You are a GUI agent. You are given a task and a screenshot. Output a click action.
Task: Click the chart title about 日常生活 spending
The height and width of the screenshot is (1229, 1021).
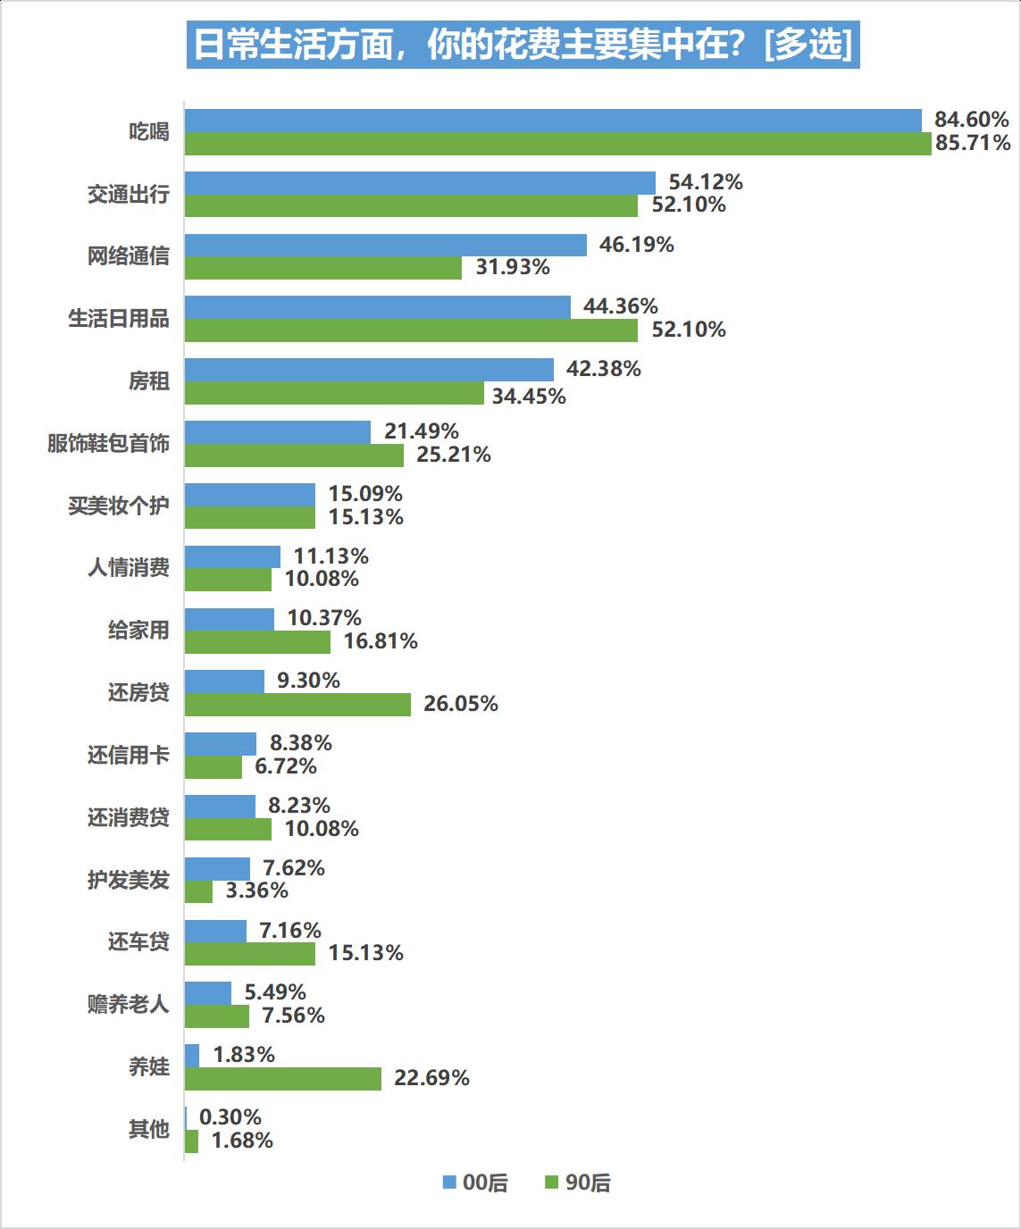(x=523, y=44)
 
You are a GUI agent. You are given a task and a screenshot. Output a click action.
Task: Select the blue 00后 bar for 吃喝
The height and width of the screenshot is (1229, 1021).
(x=553, y=121)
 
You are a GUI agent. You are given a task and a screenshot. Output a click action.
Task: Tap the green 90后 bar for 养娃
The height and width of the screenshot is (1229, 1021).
(x=283, y=1079)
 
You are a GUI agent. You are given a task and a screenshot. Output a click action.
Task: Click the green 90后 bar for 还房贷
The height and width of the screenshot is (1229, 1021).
(x=297, y=705)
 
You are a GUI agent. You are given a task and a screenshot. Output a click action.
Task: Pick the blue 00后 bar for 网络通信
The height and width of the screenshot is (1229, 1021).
(x=386, y=245)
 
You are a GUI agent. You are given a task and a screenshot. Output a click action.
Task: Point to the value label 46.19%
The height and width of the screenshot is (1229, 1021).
(x=636, y=245)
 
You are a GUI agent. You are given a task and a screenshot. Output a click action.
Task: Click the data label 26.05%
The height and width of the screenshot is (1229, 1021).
(x=460, y=705)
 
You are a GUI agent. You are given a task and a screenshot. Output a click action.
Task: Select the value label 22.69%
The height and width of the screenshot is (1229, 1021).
(x=431, y=1079)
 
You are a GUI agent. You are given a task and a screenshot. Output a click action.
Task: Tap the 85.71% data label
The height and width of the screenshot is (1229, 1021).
(x=973, y=143)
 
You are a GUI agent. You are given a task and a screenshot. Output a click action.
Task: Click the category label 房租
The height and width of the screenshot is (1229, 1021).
(x=148, y=381)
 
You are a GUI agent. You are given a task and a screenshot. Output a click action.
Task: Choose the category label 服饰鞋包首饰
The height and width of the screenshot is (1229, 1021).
(x=108, y=444)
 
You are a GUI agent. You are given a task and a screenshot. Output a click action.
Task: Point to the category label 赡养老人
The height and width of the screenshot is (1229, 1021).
(x=128, y=1005)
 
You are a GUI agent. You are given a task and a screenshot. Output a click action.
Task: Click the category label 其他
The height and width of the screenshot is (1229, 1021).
(x=148, y=1130)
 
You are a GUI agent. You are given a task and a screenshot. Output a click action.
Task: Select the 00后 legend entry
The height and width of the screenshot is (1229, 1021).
(x=475, y=1183)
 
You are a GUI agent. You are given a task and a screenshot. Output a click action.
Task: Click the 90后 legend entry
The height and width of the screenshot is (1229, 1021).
(x=578, y=1183)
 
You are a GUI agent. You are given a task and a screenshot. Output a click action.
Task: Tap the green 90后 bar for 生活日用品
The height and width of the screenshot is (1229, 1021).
(x=411, y=330)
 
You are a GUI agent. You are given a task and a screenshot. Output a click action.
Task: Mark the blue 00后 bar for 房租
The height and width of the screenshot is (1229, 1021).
(x=369, y=370)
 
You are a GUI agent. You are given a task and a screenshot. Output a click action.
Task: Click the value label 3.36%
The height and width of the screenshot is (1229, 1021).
(x=256, y=891)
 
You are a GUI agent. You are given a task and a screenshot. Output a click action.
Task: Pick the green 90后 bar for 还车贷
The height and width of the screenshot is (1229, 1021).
(x=250, y=954)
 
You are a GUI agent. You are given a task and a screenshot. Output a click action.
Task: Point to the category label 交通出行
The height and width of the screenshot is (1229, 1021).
(x=128, y=194)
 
